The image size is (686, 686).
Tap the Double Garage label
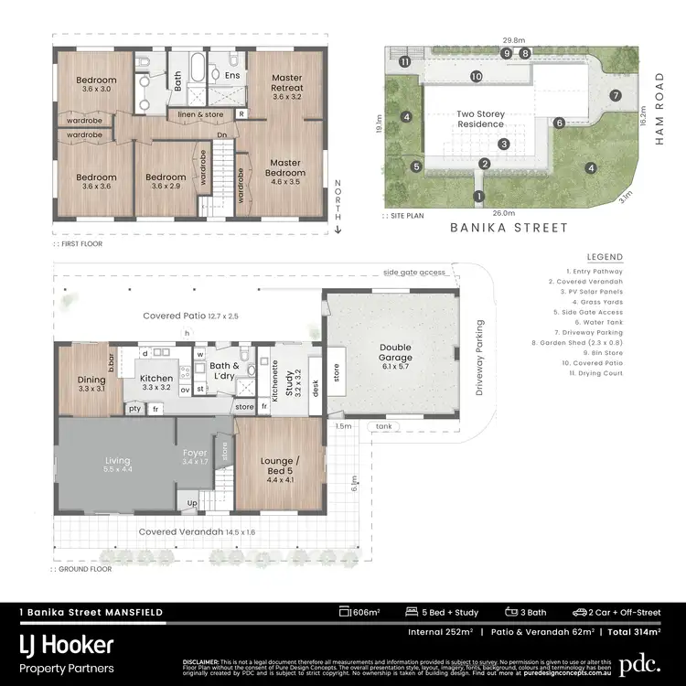(x=395, y=351)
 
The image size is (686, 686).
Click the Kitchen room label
(x=156, y=381)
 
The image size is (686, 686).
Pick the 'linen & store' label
(x=199, y=114)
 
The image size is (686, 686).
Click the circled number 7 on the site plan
(x=616, y=95)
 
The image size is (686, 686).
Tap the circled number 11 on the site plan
(x=403, y=61)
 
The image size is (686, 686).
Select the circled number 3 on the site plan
(x=503, y=144)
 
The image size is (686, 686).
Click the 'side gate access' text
(x=414, y=272)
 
